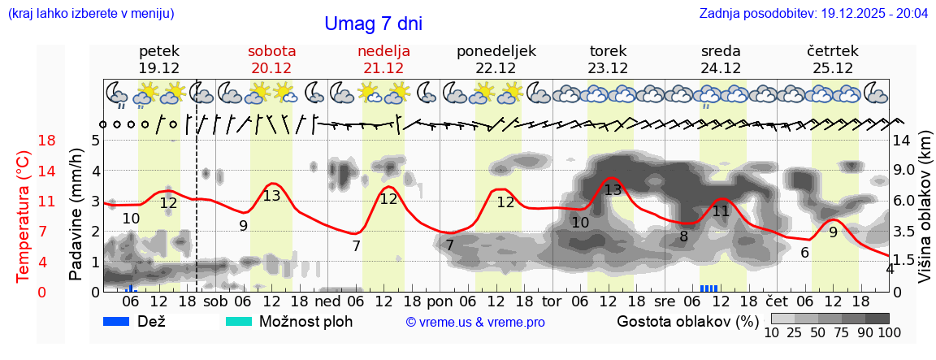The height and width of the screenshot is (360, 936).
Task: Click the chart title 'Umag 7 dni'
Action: point(373,24)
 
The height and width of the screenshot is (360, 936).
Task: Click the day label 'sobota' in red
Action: point(271,51)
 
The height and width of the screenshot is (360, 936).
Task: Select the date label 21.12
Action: point(383,68)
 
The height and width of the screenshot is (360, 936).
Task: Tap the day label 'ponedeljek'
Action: point(496,51)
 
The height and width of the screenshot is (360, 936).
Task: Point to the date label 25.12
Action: point(832,68)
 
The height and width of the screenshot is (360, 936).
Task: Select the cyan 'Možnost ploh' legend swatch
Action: point(239,321)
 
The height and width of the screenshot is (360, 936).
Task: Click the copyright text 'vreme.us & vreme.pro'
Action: point(475,322)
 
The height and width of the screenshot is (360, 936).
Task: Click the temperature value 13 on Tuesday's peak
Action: point(613,190)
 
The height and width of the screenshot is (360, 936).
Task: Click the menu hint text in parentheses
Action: point(90,14)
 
